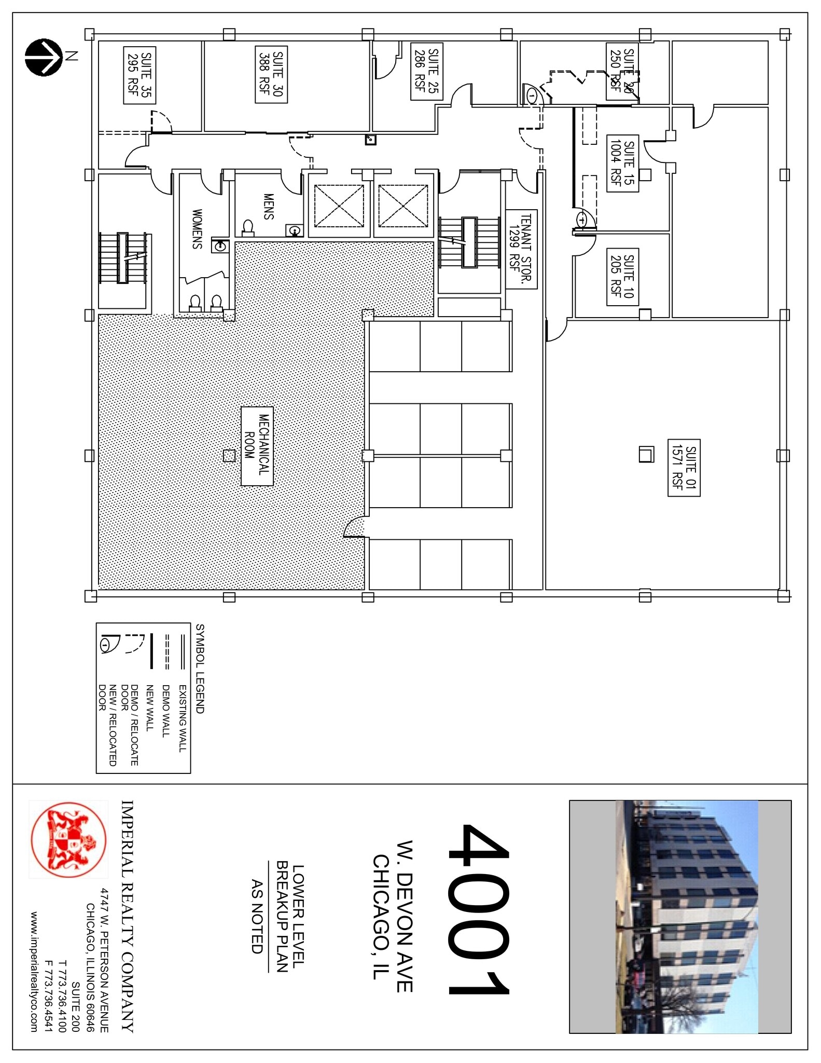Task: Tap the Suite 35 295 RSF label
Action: [x=140, y=75]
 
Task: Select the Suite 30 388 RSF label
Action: [x=271, y=75]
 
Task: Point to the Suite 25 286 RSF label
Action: [x=427, y=72]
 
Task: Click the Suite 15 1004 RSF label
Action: [x=622, y=163]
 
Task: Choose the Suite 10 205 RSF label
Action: [x=622, y=276]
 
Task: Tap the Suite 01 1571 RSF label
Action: [x=684, y=468]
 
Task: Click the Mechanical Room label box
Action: [x=257, y=446]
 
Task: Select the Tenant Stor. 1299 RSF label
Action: [x=521, y=249]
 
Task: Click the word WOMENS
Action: [x=197, y=229]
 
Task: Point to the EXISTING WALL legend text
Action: [x=182, y=718]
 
